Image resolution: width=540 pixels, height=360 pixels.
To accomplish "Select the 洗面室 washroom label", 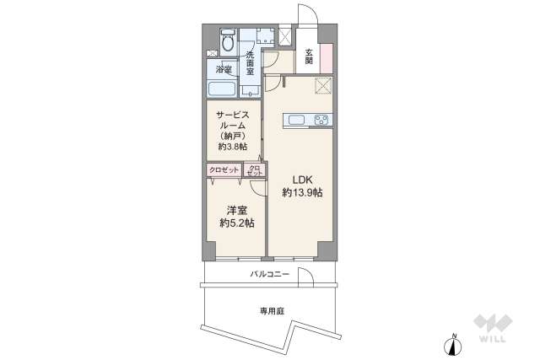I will [250, 64].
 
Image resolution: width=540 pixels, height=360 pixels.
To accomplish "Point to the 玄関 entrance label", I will [309, 56].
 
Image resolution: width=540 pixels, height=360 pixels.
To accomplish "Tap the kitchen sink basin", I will [298, 120].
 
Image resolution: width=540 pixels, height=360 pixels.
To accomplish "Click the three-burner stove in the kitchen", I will [322, 120].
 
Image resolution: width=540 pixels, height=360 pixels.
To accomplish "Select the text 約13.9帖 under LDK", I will [301, 192].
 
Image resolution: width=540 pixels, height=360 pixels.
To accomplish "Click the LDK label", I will [301, 179].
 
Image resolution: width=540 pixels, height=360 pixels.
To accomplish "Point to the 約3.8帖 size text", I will [231, 147].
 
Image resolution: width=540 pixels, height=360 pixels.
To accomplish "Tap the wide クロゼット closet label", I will [224, 169].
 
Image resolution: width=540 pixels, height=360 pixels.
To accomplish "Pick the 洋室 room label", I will [235, 210].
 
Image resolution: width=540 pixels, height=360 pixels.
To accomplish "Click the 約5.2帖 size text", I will [236, 223].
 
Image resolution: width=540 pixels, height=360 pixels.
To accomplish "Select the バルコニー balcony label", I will [270, 274].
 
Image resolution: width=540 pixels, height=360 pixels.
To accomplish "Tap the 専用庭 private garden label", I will [272, 311].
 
